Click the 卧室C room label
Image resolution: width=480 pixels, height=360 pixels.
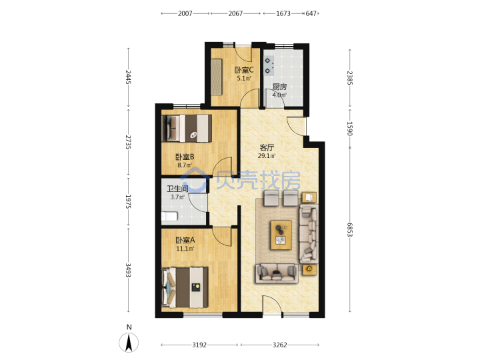click(x=244, y=70)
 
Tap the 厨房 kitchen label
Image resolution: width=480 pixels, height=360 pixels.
click(x=279, y=87)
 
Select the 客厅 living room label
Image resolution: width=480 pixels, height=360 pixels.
click(x=267, y=147)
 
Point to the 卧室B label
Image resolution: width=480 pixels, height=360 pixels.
click(x=185, y=157)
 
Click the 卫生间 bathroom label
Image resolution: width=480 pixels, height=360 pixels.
click(x=177, y=189)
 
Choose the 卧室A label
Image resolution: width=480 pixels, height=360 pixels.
click(x=185, y=240)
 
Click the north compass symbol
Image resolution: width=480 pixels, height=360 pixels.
click(x=129, y=339)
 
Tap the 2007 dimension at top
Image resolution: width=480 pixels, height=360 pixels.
click(x=185, y=13)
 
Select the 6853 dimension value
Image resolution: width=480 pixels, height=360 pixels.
click(x=350, y=229)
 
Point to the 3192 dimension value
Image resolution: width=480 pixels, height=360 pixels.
click(x=199, y=345)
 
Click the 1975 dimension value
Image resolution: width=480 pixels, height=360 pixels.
click(x=128, y=201)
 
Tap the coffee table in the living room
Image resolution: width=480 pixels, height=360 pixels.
click(x=281, y=235)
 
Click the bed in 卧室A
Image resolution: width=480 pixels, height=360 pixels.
click(x=185, y=287)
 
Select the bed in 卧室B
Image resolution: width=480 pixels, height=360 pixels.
click(x=187, y=128)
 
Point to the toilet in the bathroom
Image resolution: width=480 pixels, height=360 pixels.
click(x=169, y=217)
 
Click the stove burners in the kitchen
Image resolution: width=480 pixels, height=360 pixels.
click(x=269, y=66)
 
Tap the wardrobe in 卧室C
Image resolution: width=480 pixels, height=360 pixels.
click(x=216, y=77)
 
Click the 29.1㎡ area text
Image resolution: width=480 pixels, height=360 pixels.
click(x=267, y=156)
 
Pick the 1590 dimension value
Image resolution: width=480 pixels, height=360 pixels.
click(x=350, y=129)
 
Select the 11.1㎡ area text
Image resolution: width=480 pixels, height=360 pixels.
click(x=185, y=249)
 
